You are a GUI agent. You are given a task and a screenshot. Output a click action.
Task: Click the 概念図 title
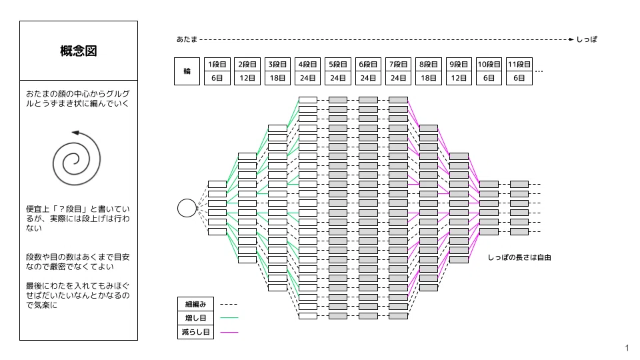(x=79, y=51)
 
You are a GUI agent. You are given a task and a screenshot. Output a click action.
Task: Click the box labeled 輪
(x=187, y=71)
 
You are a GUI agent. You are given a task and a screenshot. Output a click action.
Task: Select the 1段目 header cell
(x=217, y=65)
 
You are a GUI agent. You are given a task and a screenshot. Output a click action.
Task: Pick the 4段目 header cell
(x=308, y=65)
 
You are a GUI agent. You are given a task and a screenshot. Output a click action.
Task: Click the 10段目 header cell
(x=489, y=65)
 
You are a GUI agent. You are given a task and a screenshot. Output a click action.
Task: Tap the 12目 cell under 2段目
(x=247, y=78)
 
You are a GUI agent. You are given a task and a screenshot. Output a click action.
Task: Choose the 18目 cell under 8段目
(x=429, y=78)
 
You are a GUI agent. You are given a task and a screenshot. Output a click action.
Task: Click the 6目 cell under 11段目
(x=519, y=78)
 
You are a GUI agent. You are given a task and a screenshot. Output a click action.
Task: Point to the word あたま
(x=187, y=39)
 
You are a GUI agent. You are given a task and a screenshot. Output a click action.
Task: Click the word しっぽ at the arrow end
(x=587, y=39)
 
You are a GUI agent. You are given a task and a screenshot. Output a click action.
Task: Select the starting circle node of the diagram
(x=187, y=208)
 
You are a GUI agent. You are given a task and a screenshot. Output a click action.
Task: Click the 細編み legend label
(x=195, y=304)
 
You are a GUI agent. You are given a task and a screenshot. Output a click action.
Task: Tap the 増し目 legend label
(x=195, y=318)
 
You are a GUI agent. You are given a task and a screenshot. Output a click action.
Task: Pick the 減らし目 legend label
(x=195, y=332)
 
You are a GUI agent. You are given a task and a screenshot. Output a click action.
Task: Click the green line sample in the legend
(x=229, y=317)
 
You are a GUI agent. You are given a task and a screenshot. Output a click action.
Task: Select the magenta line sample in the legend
(x=229, y=332)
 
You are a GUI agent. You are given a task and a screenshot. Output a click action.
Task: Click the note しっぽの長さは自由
(x=519, y=257)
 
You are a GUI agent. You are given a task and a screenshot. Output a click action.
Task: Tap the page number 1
(x=627, y=348)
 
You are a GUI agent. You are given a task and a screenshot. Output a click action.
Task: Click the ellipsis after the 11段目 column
(x=539, y=72)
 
